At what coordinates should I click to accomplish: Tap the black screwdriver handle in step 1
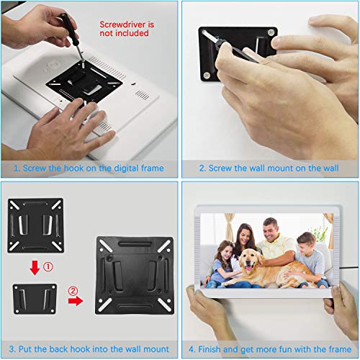click(68, 28)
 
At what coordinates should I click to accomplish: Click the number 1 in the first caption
click(16, 168)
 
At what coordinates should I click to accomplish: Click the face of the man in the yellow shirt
click(271, 231)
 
